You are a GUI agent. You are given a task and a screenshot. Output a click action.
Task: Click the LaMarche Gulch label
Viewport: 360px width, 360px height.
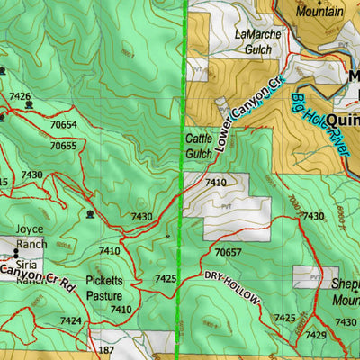[x=257, y=41]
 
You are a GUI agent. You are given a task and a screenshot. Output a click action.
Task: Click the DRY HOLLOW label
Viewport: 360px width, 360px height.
[x=232, y=287]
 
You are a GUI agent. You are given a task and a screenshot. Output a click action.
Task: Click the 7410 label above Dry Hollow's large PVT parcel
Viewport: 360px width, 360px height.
[x=216, y=183]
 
